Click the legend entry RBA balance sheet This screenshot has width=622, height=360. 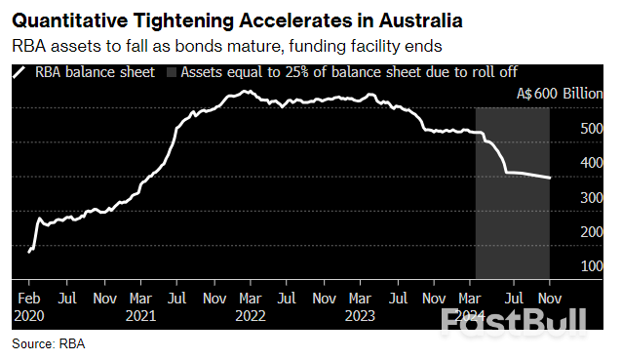(x=84, y=72)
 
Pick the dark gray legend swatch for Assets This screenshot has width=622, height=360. (x=173, y=72)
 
